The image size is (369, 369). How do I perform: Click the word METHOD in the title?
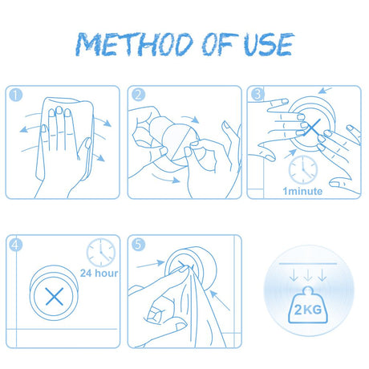click(135, 44)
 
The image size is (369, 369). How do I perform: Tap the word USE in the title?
click(269, 44)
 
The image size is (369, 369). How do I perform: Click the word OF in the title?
click(219, 44)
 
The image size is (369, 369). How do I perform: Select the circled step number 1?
click(16, 95)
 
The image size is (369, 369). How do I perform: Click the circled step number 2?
click(139, 95)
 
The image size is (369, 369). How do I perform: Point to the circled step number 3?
click(257, 94)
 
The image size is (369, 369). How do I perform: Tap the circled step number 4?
click(16, 245)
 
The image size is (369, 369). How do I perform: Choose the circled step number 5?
click(139, 245)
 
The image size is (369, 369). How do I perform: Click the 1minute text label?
click(302, 191)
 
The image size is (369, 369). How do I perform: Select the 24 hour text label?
click(99, 274)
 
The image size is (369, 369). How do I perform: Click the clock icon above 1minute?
click(303, 170)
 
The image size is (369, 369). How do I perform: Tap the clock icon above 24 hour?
click(101, 253)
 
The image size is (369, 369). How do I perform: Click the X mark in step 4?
click(55, 296)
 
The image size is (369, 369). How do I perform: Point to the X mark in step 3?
click(314, 128)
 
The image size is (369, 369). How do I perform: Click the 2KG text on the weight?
click(308, 310)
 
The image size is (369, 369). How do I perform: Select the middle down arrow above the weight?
click(308, 275)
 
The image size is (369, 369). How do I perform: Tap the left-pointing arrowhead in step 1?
click(23, 130)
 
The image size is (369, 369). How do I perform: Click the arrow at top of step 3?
click(325, 90)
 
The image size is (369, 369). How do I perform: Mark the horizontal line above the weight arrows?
click(308, 264)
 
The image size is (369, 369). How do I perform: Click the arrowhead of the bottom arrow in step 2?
click(176, 180)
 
